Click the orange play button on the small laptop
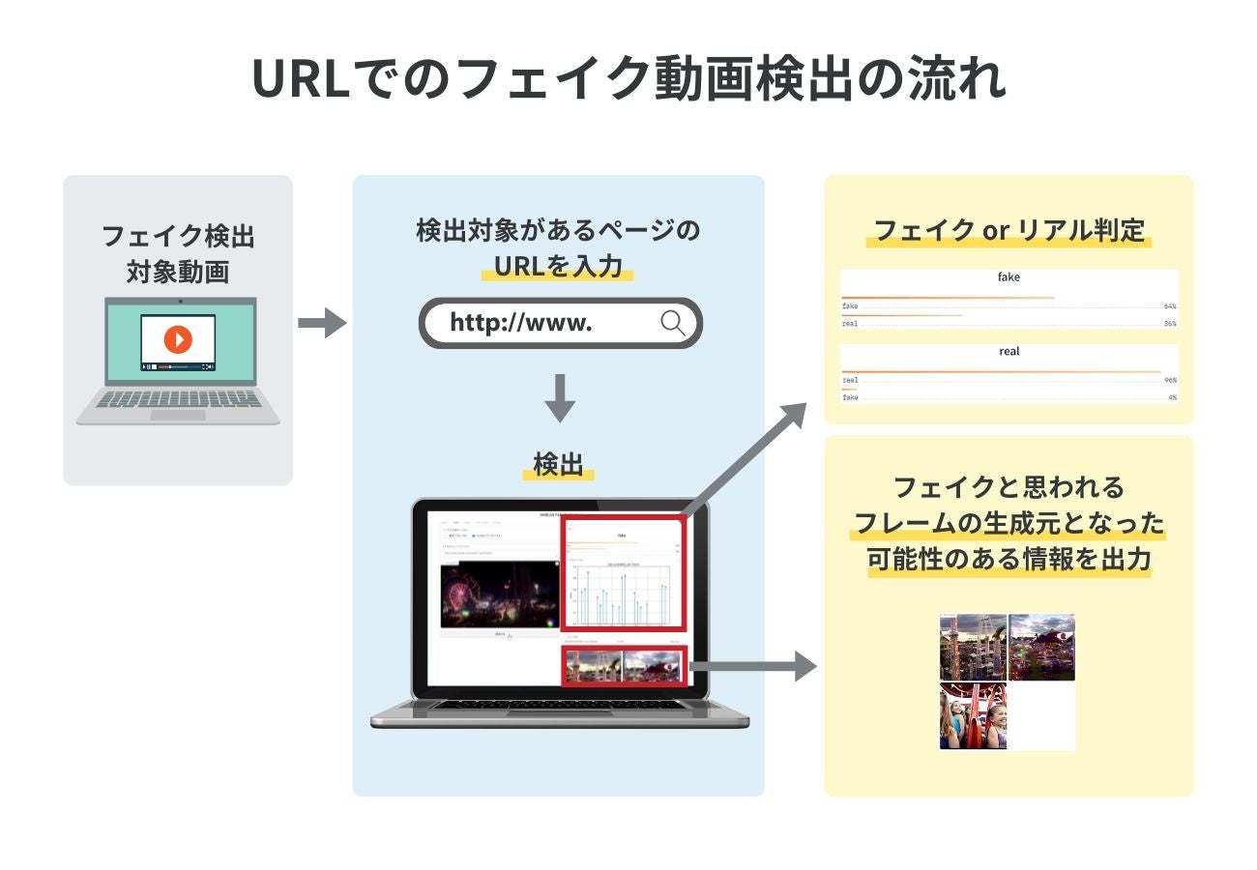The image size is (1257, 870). coord(178,339)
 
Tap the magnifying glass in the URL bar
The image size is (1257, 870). coord(673,323)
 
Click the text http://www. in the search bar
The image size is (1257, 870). coord(520,323)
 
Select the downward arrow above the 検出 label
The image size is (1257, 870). coord(559,397)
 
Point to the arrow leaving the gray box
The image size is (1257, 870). coord(321,322)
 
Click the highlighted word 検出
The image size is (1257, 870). coord(558,465)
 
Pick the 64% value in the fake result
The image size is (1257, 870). coord(1169,305)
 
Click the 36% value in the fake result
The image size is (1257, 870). coord(1169,323)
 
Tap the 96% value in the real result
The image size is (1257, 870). coord(1169,380)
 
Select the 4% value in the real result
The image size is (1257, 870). coord(1171,397)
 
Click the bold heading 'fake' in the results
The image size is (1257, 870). coord(1009,277)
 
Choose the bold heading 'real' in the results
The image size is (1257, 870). coord(1009,352)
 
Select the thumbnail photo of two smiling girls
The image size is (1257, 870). coord(973,716)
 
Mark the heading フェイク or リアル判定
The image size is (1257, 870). coord(1009,231)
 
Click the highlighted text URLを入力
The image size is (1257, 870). coord(558,266)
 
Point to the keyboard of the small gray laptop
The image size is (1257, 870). coord(179,398)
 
